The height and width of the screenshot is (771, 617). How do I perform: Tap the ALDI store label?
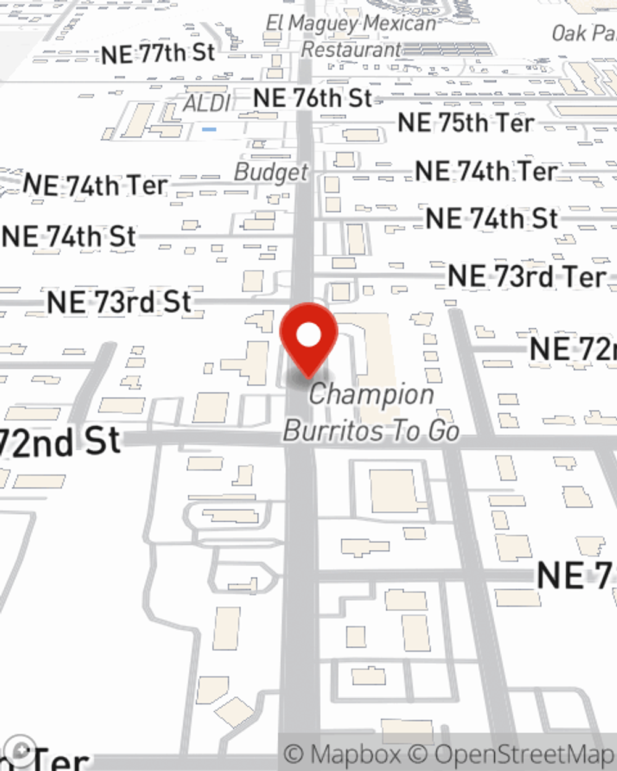(207, 104)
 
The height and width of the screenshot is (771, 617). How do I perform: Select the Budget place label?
(271, 173)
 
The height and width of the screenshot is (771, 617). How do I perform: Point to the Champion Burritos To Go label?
(371, 413)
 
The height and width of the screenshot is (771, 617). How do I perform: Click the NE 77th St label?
(159, 54)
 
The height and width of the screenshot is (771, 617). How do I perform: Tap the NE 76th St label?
(313, 98)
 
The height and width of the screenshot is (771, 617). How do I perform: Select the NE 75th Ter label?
(465, 123)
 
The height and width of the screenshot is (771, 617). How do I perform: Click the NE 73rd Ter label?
(527, 276)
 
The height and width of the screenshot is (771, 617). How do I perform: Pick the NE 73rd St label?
(119, 302)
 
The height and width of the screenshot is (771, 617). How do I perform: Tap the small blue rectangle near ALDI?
(209, 130)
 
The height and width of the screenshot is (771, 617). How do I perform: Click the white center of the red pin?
(308, 335)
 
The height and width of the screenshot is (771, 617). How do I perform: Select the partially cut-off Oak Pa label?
(584, 33)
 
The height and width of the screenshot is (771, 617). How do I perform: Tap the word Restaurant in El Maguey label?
(351, 49)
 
